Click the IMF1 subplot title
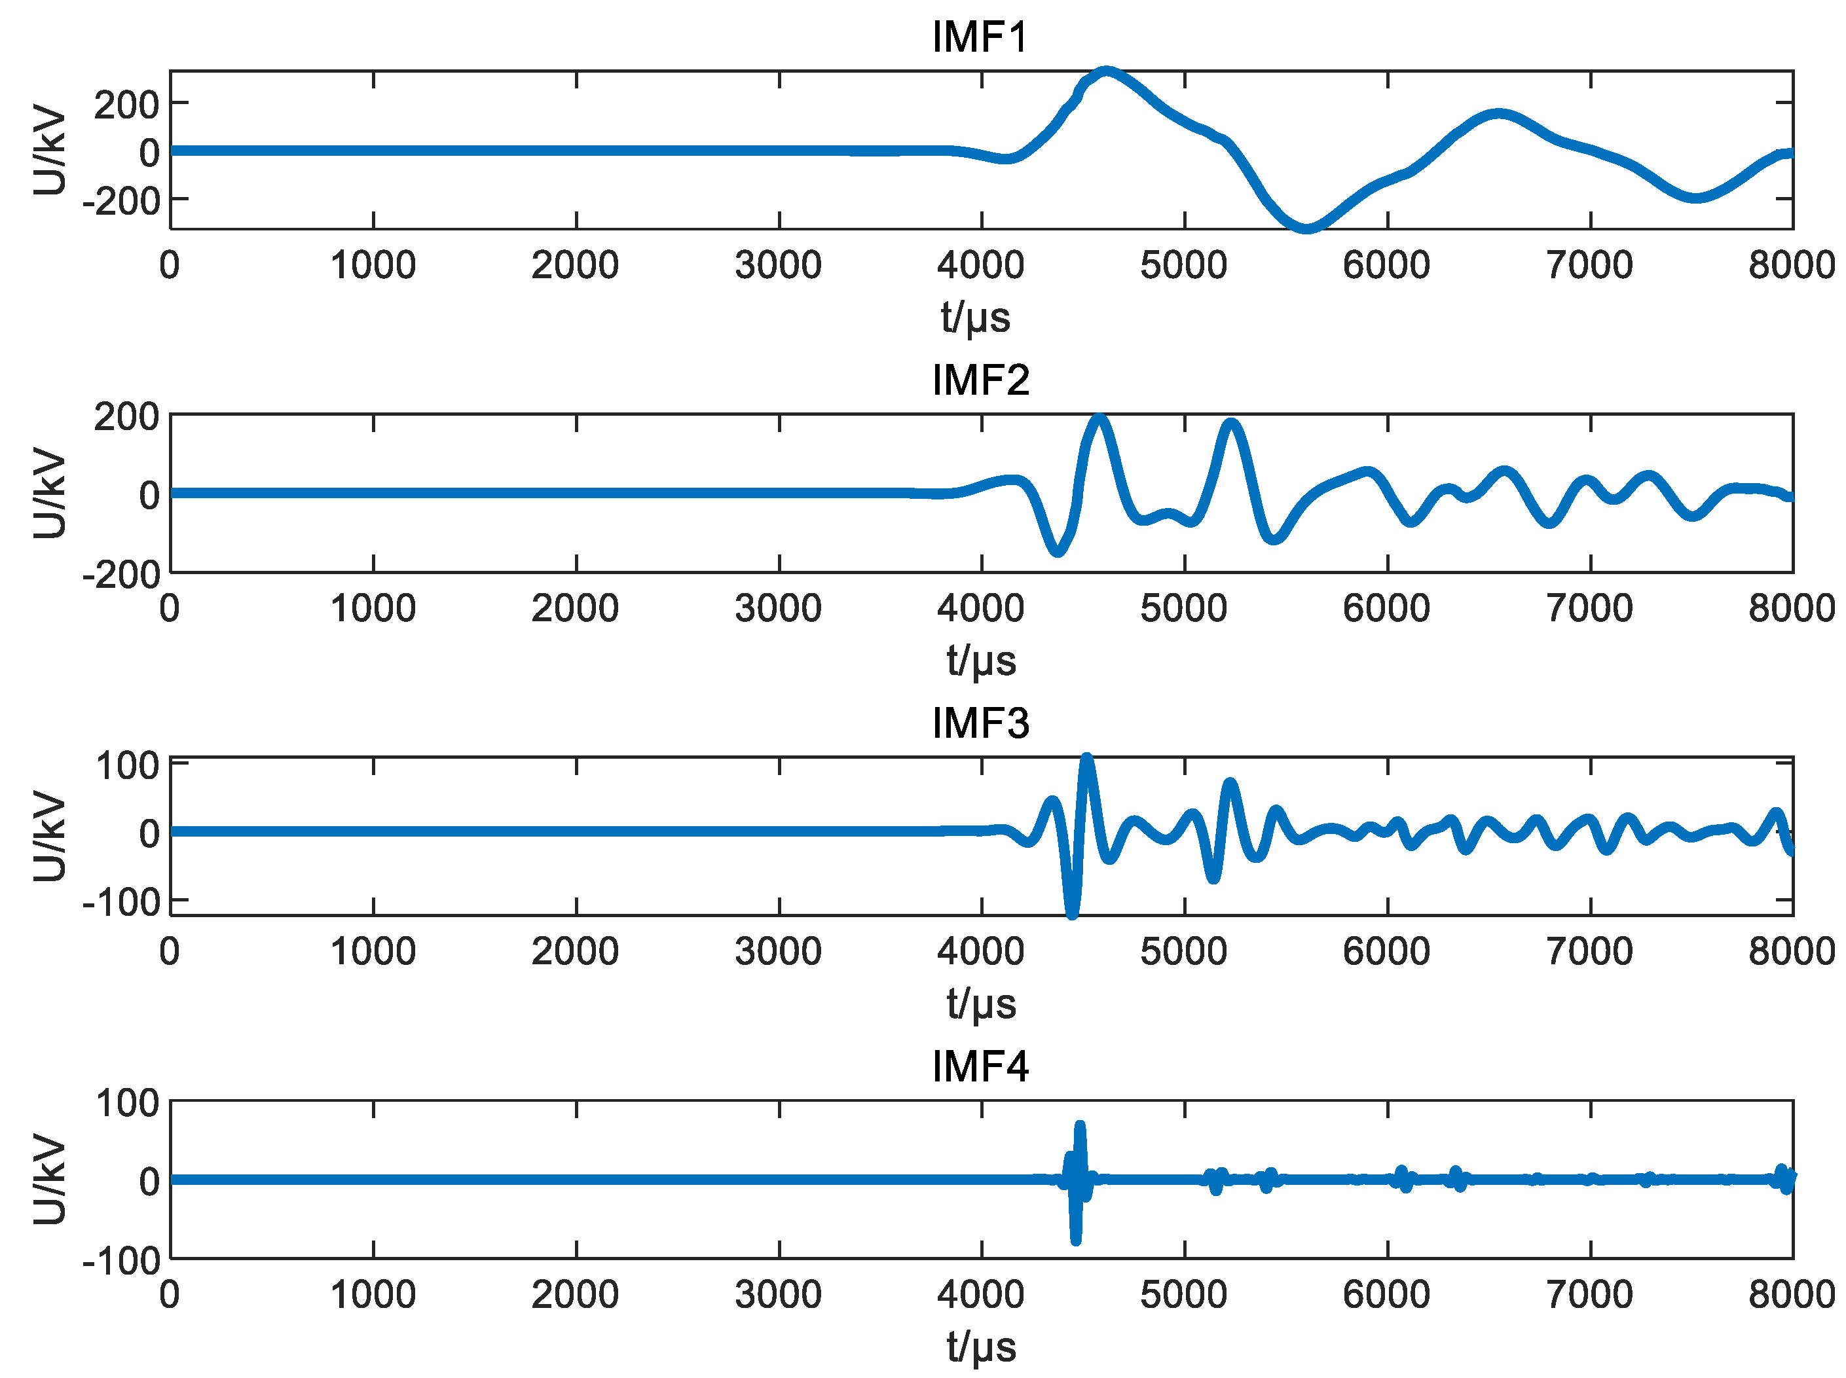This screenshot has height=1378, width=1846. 980,37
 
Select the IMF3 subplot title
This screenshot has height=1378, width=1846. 980,723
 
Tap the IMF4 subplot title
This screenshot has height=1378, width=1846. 980,1066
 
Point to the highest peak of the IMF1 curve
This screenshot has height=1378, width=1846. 1106,72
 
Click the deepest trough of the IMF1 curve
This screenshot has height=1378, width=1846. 1306,228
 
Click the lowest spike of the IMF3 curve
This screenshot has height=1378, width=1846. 1072,915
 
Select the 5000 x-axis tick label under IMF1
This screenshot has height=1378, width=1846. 1184,265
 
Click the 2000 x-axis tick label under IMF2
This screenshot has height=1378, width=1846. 576,608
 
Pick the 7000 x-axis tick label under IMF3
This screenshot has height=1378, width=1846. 1590,951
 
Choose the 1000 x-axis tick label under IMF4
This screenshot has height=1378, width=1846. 373,1295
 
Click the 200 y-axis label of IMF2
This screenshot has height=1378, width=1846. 127,417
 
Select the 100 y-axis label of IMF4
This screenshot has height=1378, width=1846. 127,1104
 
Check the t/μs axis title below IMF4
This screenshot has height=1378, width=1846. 980,1347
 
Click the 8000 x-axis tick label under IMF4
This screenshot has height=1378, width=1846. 1792,1295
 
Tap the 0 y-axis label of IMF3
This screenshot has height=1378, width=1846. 149,833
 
